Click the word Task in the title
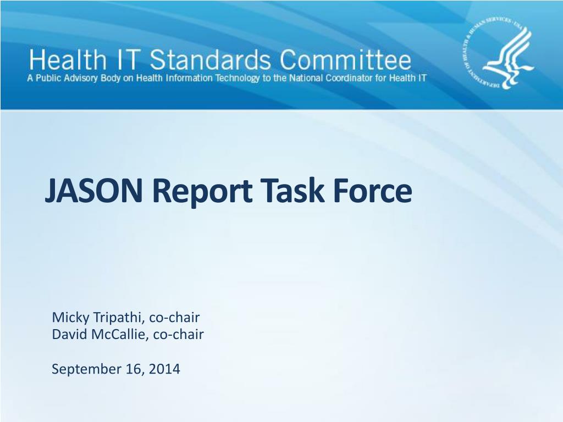[286, 191]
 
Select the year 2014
[166, 369]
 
